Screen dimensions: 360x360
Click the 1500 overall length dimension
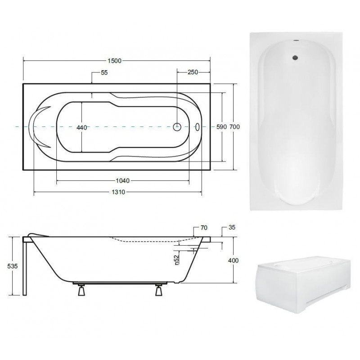point(114,61)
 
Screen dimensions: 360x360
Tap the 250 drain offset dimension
point(193,72)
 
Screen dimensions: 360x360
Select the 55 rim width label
point(104,72)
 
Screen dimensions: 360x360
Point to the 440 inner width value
point(82,127)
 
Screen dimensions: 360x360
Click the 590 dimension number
point(221,127)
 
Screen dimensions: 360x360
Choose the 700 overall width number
point(234,127)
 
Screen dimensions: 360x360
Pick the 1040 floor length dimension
point(122,181)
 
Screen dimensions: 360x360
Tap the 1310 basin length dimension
point(118,192)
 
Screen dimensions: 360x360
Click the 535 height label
point(13,266)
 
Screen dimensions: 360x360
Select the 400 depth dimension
point(233,261)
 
